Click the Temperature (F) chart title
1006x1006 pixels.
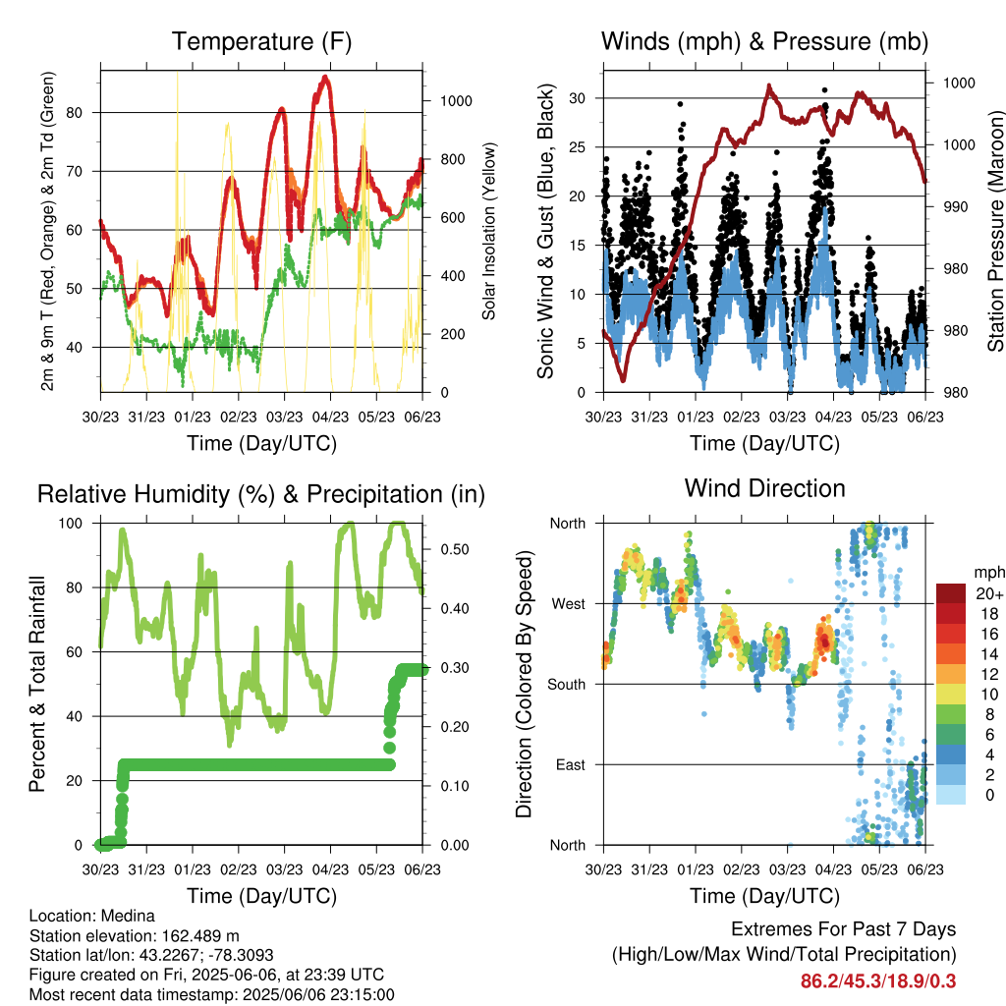(261, 41)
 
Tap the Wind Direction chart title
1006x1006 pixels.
(764, 488)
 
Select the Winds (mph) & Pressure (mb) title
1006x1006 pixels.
(764, 41)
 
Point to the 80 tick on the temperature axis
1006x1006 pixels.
(75, 113)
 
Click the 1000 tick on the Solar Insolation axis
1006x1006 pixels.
(456, 101)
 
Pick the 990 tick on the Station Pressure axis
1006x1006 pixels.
(955, 206)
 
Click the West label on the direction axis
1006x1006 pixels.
(569, 604)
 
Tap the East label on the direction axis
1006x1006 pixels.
(571, 764)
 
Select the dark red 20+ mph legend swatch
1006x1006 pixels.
(951, 592)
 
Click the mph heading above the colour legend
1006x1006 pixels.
(988, 573)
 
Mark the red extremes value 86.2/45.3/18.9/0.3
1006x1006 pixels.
(878, 981)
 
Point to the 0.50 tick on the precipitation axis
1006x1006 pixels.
(455, 549)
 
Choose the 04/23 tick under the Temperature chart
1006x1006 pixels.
(330, 417)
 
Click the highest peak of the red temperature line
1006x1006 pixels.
(325, 77)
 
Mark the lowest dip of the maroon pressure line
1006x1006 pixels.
(623, 380)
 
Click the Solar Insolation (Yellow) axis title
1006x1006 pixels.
(489, 231)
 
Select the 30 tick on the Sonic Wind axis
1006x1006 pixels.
(578, 98)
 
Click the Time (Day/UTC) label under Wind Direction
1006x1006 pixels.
(764, 896)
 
